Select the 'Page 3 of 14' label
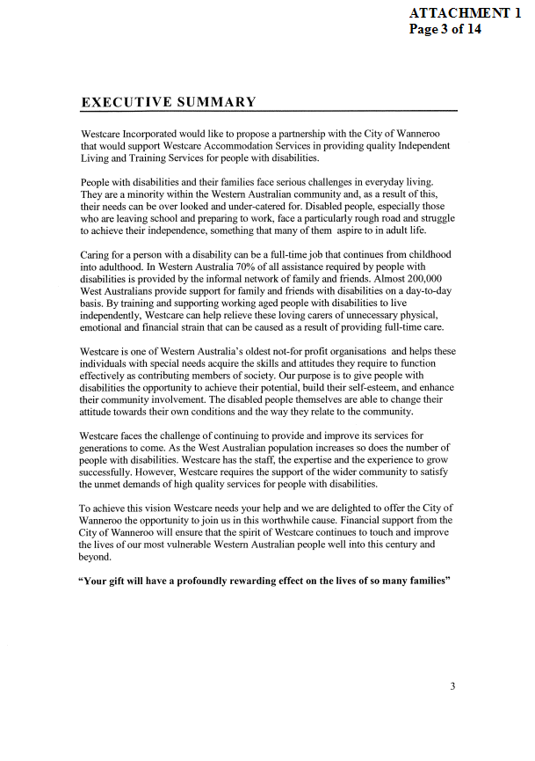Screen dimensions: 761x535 [445, 28]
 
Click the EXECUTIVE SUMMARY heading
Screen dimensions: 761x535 [169, 102]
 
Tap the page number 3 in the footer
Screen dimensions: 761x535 [452, 687]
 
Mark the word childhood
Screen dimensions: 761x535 [428, 254]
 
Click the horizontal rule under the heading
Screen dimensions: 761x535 [269, 111]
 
